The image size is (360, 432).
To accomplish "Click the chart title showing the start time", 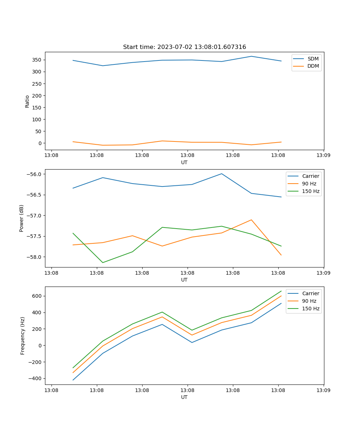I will click(184, 47).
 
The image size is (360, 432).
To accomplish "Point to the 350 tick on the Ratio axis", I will click(38, 60).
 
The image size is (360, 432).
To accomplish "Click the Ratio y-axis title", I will click(27, 102).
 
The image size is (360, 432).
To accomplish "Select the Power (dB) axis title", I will click(22, 218).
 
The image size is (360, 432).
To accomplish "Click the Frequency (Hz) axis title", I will click(22, 336).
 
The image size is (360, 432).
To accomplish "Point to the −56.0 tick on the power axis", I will click(35, 174).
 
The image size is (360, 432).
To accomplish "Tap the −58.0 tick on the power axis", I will click(35, 257).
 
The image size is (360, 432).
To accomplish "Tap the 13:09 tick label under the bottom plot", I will click(323, 390).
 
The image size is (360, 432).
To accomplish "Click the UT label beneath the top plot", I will click(184, 162).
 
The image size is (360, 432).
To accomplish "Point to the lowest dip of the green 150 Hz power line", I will click(103, 262).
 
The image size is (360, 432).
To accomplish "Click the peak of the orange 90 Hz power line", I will click(251, 220).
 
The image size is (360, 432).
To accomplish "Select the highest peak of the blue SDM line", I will click(251, 56).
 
